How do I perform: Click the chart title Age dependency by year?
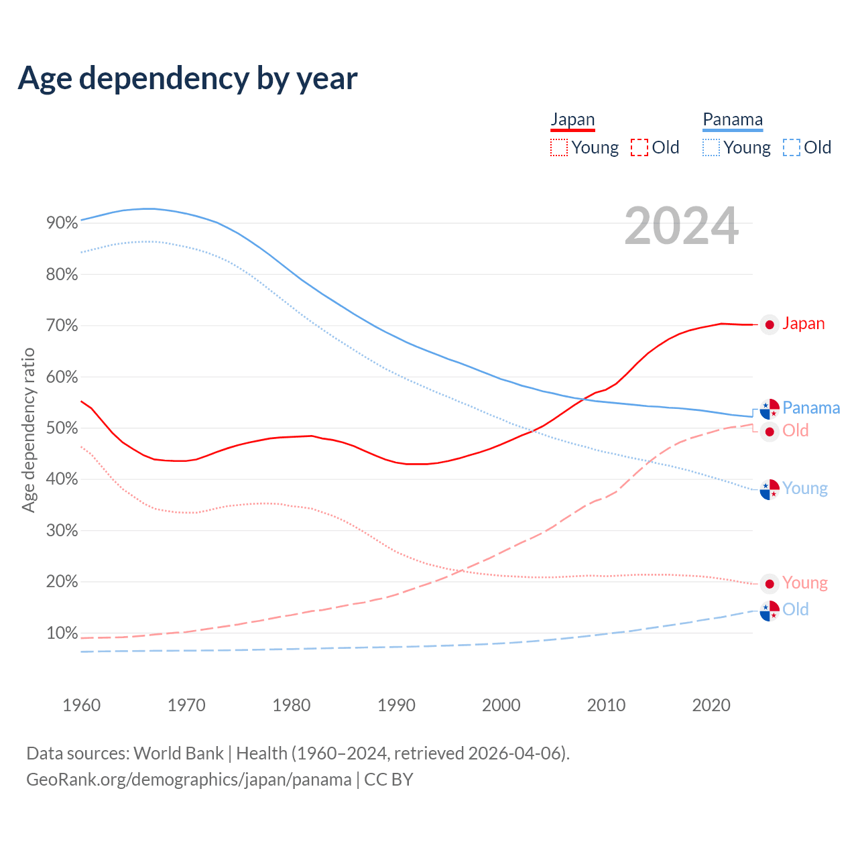click(188, 78)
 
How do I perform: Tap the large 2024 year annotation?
click(681, 227)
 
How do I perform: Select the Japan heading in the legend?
click(572, 120)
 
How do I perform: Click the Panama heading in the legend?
click(733, 120)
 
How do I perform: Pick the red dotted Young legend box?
click(558, 147)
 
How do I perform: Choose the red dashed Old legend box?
click(639, 147)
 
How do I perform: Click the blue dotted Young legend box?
click(711, 147)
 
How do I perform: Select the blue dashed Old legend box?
click(792, 147)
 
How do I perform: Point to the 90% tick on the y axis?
click(62, 223)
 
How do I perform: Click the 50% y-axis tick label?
click(62, 428)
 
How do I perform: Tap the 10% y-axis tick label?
click(62, 633)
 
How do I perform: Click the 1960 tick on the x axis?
click(81, 705)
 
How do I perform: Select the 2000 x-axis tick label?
click(501, 705)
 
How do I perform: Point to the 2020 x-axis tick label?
click(711, 705)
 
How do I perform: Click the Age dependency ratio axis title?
click(28, 430)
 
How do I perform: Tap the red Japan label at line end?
click(803, 324)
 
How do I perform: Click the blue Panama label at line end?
click(811, 408)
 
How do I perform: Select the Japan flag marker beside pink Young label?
click(770, 584)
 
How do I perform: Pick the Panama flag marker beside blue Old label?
click(770, 611)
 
